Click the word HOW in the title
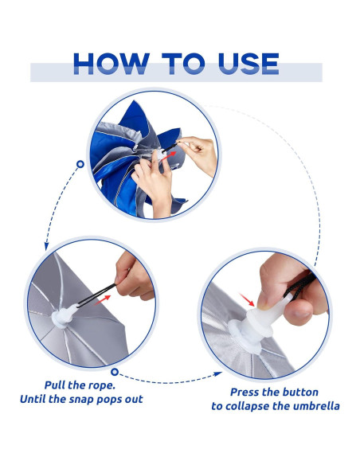pos(112,64)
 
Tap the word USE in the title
pos(248,64)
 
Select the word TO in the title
pos(183,64)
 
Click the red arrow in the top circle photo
pos(170,154)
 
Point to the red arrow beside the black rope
pos(102,300)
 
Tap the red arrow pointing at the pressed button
pos(247,299)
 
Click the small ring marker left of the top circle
pos(80,164)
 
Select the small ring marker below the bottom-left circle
pos(115,372)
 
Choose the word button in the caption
pos(299,392)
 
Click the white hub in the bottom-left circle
pos(63,317)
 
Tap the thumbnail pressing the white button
pos(263,302)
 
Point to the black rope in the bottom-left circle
pos(96,293)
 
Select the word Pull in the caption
pos(55,385)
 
